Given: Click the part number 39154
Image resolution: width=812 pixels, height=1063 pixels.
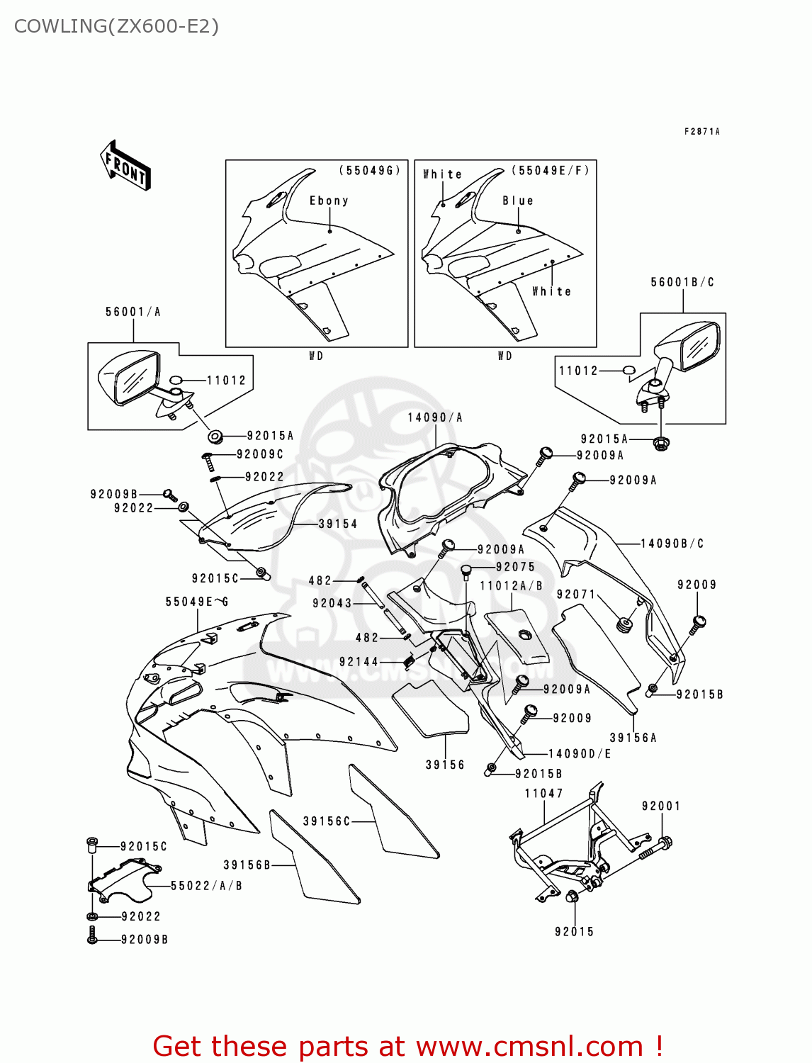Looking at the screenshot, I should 338,524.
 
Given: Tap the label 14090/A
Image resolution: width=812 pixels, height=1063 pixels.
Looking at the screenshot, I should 435,417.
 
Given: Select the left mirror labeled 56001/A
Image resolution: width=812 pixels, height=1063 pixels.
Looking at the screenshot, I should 128,378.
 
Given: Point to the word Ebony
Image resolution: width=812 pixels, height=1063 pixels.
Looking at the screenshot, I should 329,201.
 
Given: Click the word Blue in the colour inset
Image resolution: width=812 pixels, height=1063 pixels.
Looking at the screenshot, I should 518,201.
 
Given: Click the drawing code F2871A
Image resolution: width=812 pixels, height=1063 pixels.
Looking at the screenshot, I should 701,131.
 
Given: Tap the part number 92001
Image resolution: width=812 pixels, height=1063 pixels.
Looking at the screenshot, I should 661,806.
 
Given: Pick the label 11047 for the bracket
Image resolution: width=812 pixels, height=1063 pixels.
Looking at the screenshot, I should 544,793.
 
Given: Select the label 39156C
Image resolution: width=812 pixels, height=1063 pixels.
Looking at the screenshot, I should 327,821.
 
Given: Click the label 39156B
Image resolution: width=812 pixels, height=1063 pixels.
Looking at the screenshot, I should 247,865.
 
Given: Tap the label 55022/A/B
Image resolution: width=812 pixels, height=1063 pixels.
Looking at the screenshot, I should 206,885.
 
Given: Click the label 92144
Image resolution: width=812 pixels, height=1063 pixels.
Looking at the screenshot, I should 359,661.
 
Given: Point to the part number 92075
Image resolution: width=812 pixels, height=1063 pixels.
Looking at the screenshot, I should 515,566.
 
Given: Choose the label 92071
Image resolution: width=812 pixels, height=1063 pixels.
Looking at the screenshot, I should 576,594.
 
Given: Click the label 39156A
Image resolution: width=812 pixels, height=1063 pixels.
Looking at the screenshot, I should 633,737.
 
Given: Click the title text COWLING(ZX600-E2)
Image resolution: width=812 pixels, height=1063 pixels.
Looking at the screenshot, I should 116,26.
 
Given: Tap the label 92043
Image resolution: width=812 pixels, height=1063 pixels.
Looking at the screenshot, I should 332,603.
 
